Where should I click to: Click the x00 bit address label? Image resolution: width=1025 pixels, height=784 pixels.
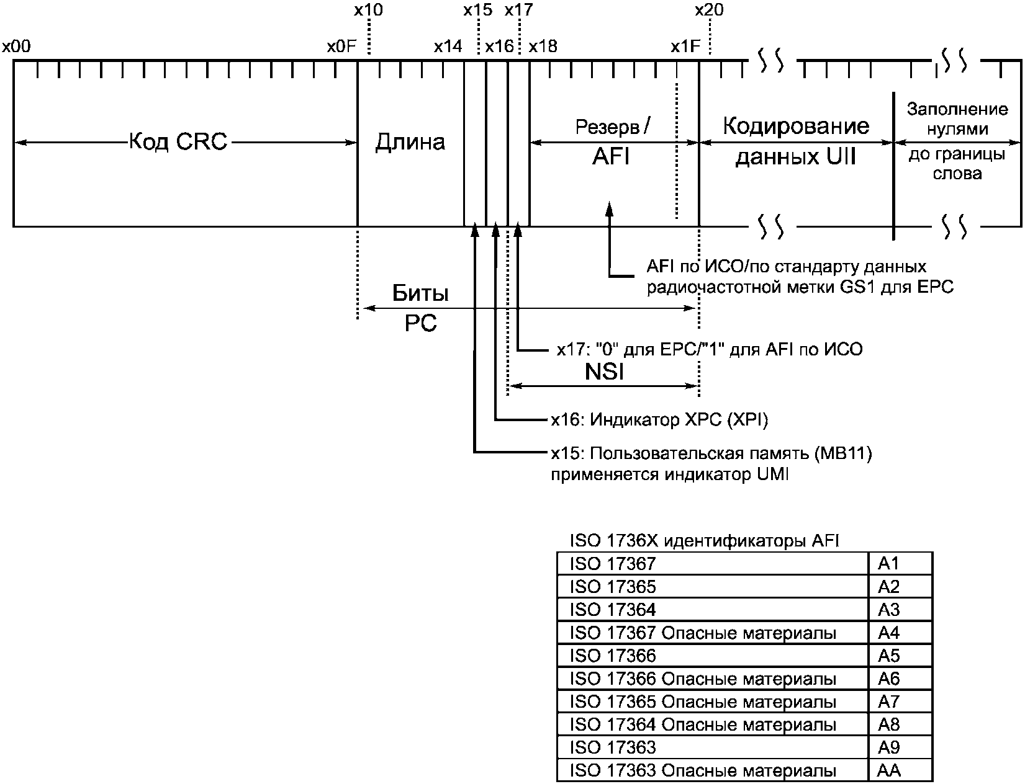(x=17, y=46)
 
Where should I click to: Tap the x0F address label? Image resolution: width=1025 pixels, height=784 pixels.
(x=341, y=46)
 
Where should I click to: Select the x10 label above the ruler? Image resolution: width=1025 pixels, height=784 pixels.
(x=368, y=10)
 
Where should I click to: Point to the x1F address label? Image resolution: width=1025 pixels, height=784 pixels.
(x=685, y=46)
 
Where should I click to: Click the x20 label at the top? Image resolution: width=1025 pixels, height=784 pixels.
(x=709, y=10)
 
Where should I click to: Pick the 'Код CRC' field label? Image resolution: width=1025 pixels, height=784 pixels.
(x=178, y=141)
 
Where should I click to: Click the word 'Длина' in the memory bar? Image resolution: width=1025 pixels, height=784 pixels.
(x=410, y=142)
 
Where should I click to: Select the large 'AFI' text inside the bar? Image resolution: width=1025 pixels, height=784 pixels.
(x=611, y=156)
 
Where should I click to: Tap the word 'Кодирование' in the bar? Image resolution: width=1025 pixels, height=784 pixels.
(x=797, y=127)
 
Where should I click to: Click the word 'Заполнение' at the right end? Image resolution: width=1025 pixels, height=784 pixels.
(x=957, y=109)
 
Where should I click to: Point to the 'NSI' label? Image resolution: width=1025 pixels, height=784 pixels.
(x=604, y=372)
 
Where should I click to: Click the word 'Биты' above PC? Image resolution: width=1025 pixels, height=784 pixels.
(x=420, y=293)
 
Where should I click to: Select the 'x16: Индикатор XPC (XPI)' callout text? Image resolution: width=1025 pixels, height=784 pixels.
(x=660, y=419)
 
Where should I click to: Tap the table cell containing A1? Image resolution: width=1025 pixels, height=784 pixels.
(x=900, y=563)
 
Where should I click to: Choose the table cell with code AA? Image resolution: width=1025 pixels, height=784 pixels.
(x=900, y=770)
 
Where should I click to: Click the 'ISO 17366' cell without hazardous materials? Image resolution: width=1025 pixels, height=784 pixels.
(x=713, y=656)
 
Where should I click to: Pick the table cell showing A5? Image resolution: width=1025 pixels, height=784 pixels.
(x=900, y=656)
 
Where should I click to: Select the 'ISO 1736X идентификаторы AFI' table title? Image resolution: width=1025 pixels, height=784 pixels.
(x=705, y=540)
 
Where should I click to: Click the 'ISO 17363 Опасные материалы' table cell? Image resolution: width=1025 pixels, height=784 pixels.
(x=713, y=770)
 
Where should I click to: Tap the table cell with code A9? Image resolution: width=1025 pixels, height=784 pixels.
(x=900, y=747)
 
